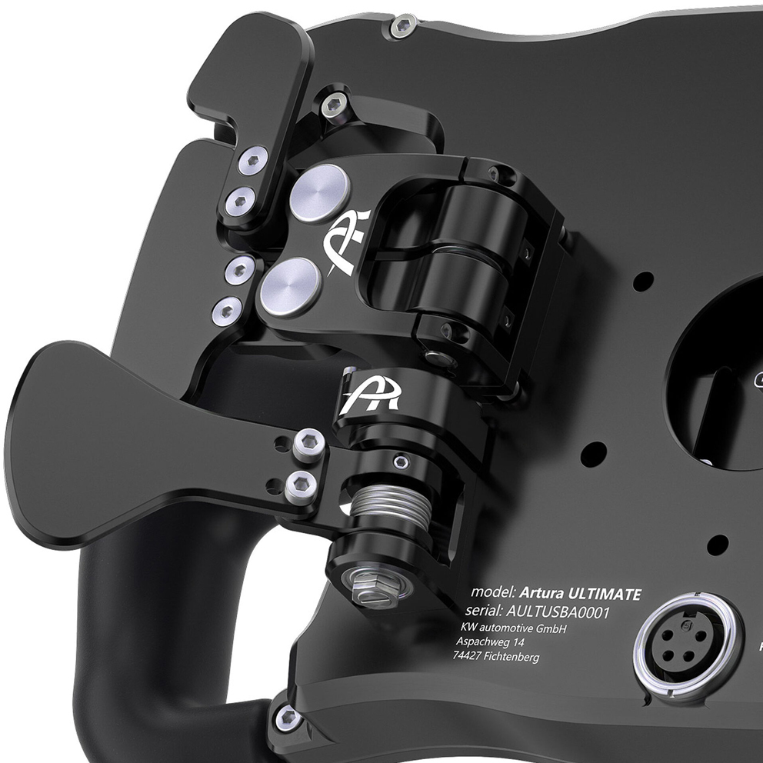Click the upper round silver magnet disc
[x=320, y=193]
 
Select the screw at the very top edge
[x=401, y=27]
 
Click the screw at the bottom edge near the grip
[x=288, y=718]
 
